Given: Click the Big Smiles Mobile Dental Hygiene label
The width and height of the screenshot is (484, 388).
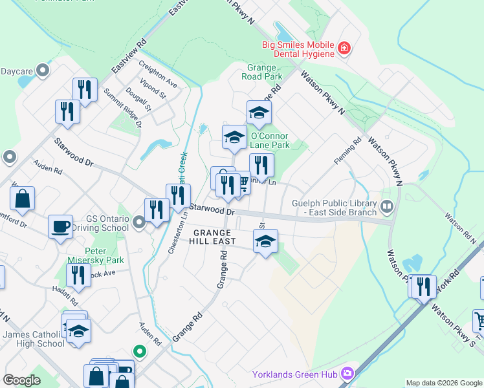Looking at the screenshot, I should [x=298, y=49].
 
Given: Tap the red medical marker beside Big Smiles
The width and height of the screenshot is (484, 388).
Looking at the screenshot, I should [x=344, y=47].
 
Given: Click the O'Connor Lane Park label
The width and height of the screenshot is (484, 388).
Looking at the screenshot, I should [x=270, y=141].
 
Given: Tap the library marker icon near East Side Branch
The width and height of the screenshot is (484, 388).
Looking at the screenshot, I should [x=387, y=207].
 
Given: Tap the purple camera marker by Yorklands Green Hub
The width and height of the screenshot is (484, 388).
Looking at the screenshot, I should [x=347, y=373].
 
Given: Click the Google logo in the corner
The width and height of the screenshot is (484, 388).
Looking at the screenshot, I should [x=22, y=380].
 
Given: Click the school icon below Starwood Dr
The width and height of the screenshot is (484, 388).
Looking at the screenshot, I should [x=265, y=241].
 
